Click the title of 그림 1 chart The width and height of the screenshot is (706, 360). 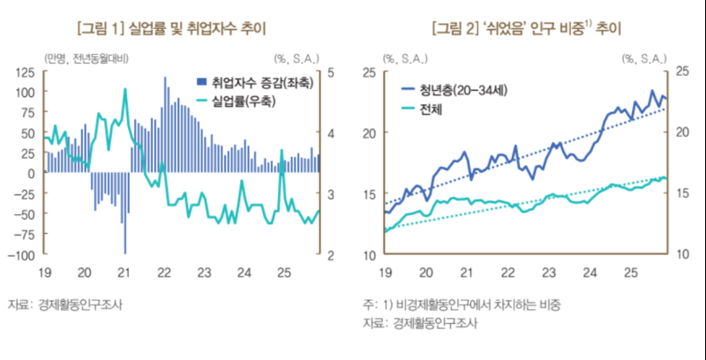pyautogui.click(x=173, y=28)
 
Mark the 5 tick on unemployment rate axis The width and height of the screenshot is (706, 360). pyautogui.click(x=330, y=71)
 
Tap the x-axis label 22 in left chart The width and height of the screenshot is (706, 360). pyautogui.click(x=163, y=273)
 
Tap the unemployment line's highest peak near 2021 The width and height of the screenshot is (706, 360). pyautogui.click(x=125, y=88)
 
